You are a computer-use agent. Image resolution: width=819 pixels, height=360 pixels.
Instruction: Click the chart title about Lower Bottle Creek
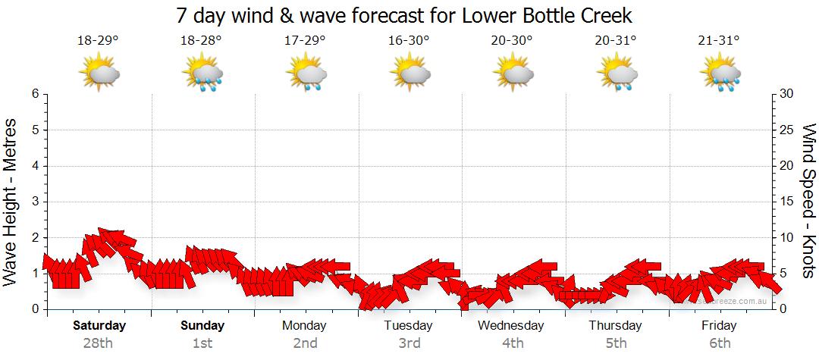(403, 15)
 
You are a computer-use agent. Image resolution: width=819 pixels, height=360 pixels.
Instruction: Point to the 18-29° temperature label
(98, 41)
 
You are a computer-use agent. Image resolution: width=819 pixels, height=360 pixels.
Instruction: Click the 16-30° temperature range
(409, 41)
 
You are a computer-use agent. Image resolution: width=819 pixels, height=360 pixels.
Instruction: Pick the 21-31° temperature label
(720, 41)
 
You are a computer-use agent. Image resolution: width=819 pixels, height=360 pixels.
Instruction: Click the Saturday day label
(99, 326)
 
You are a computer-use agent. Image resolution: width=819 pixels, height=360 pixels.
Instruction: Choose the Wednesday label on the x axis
(511, 326)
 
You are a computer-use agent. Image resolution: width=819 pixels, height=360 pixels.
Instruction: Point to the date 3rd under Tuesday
(409, 343)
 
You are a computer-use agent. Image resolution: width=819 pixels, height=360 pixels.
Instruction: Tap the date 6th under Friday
(720, 343)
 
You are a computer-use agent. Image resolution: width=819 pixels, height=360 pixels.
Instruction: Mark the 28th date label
(98, 343)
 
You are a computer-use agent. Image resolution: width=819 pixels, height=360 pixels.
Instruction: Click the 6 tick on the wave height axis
(35, 94)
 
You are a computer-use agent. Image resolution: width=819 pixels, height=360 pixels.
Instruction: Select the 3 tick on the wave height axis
(35, 202)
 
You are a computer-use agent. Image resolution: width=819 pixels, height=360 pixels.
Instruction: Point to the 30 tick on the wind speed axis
(786, 94)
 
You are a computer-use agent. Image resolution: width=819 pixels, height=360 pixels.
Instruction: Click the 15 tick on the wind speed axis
(786, 202)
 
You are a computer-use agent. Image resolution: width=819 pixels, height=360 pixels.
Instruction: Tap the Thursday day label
(615, 326)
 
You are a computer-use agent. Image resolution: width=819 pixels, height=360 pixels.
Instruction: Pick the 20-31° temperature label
(616, 41)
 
